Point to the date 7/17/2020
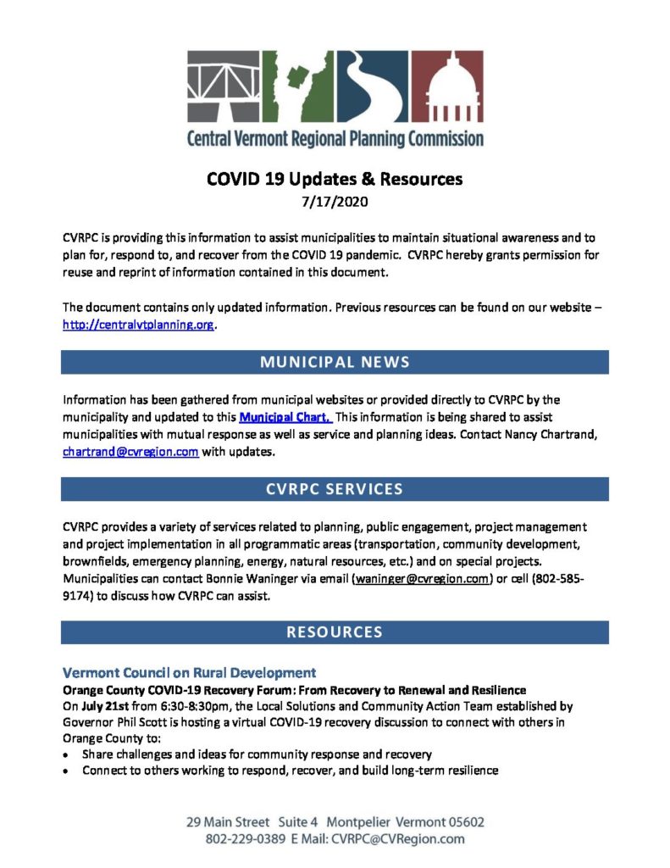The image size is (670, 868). [335, 202]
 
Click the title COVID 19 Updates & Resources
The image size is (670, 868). [335, 180]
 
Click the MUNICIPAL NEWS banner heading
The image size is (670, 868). [335, 362]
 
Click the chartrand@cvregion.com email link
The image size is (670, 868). [130, 452]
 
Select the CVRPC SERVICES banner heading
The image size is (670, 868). [335, 489]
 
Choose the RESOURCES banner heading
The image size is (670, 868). [335, 632]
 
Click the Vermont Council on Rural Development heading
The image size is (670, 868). [190, 672]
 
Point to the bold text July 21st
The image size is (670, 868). [104, 704]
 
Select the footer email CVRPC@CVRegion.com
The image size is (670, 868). [397, 839]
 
